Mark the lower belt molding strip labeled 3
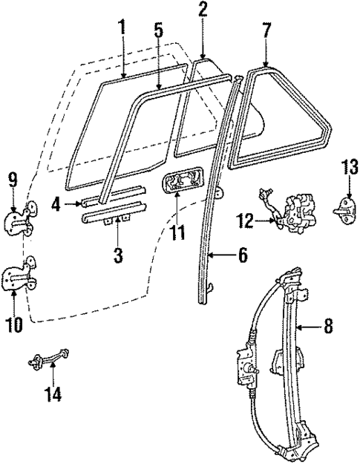(111, 216)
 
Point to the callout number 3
(117, 256)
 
